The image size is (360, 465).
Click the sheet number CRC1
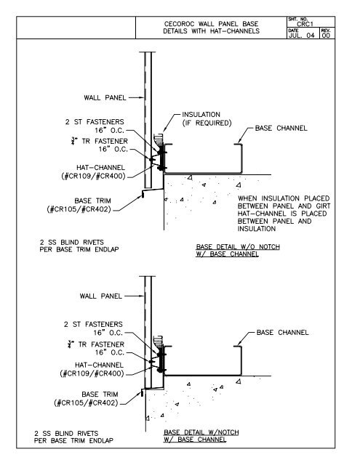point(305,24)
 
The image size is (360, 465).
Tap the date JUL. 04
point(302,36)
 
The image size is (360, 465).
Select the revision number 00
point(326,36)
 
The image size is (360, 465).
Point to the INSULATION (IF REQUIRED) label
point(207,118)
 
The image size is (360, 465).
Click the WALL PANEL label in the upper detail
point(105,97)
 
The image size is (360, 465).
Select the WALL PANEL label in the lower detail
point(101,296)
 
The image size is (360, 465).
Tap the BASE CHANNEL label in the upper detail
point(281,128)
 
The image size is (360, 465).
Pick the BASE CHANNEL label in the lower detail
point(282,333)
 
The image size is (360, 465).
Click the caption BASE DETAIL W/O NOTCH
point(238,247)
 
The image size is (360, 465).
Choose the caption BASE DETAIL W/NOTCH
point(201,432)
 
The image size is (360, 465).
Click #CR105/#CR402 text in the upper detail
point(79,209)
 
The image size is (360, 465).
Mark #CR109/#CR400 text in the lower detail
point(92,373)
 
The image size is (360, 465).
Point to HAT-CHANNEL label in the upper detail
point(100,168)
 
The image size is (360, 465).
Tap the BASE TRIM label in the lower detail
point(100,394)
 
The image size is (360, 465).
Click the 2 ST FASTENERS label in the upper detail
point(95,122)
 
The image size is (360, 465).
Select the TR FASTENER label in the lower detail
point(101,344)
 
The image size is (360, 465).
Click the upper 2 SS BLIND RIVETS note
point(71,242)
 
